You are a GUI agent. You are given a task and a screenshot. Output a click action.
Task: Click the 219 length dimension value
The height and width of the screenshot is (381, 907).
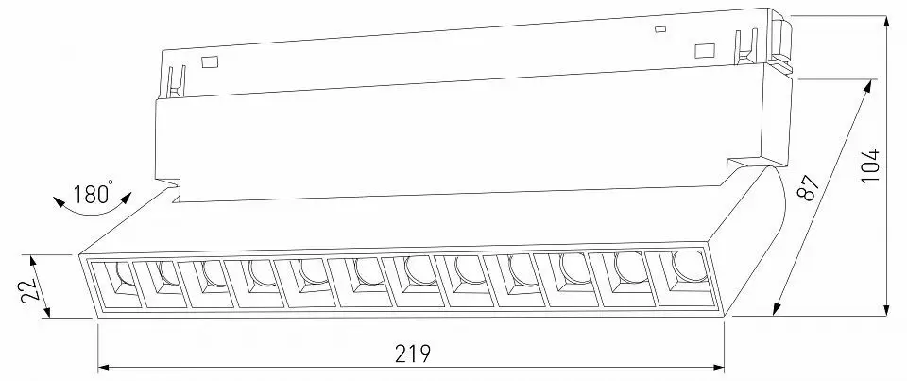tap(413, 354)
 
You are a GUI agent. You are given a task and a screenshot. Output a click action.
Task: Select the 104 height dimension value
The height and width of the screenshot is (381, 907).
tap(870, 165)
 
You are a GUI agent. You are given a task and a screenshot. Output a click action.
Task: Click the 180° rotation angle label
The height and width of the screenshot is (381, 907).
tap(94, 193)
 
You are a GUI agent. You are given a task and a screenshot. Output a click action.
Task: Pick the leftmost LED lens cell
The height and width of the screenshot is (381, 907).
tap(114, 286)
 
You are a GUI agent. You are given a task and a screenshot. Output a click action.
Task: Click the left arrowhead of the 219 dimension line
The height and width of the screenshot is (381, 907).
tap(104, 367)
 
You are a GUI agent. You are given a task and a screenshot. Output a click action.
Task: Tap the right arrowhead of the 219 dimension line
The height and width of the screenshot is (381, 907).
tap(718, 367)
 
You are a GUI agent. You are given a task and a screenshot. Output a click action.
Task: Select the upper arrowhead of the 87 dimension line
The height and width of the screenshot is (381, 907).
tap(867, 86)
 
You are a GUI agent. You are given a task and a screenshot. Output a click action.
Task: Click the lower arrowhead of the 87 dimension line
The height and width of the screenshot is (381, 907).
tap(777, 309)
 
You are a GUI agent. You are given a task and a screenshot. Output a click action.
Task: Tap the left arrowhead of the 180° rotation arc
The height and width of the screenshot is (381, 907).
tap(59, 202)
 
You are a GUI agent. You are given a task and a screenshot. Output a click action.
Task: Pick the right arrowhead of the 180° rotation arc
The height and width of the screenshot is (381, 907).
tap(126, 199)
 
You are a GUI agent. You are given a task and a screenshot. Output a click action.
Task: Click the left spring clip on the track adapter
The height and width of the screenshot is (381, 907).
tap(176, 81)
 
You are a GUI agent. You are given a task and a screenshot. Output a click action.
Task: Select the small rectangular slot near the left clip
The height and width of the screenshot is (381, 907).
tap(208, 61)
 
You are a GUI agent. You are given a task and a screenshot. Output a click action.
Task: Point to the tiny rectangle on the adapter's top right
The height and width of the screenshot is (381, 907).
tap(660, 28)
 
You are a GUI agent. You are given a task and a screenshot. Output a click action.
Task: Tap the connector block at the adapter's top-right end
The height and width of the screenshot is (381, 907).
tap(782, 43)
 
